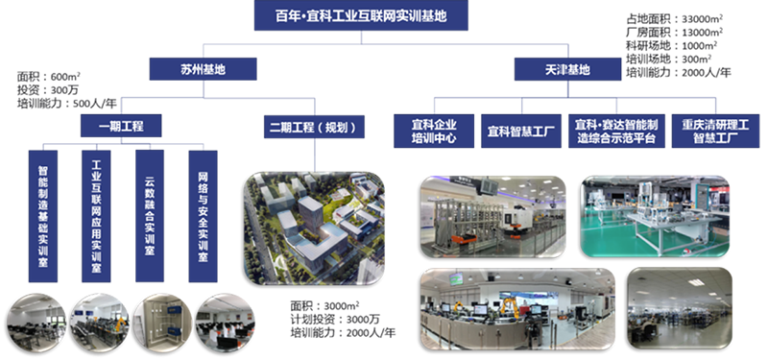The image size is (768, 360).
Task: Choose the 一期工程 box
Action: pos(114,125)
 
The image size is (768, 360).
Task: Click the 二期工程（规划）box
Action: pos(302,125)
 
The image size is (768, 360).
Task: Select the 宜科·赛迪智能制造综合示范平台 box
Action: pos(614,131)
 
